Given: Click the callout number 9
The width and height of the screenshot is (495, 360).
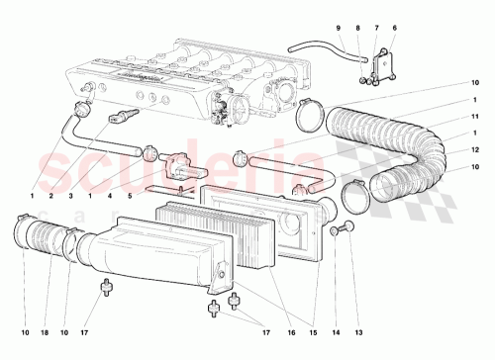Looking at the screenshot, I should [337, 27].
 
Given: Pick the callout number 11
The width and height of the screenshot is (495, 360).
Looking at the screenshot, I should [474, 117].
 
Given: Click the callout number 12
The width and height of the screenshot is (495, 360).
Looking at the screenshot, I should [474, 148].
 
